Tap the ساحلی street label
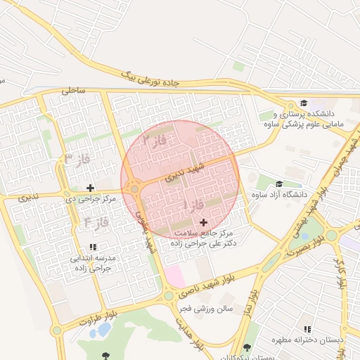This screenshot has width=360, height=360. pyautogui.click(x=72, y=90)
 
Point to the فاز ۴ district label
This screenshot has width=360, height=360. pyautogui.click(x=96, y=222)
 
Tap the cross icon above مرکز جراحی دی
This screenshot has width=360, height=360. pyautogui.click(x=90, y=188)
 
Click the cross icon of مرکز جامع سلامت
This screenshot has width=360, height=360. pyautogui.click(x=204, y=222)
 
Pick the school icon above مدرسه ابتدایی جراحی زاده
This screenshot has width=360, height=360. pyautogui.click(x=93, y=247)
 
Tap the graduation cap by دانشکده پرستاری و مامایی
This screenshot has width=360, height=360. pyautogui.click(x=303, y=103)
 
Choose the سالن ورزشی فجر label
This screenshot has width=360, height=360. pyautogui.click(x=205, y=309)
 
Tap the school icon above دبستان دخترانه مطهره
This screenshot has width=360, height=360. pyautogui.click(x=307, y=329)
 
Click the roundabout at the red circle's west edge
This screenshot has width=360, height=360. pyautogui.click(x=134, y=188)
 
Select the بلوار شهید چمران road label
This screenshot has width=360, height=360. pyautogui.click(x=342, y=163)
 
